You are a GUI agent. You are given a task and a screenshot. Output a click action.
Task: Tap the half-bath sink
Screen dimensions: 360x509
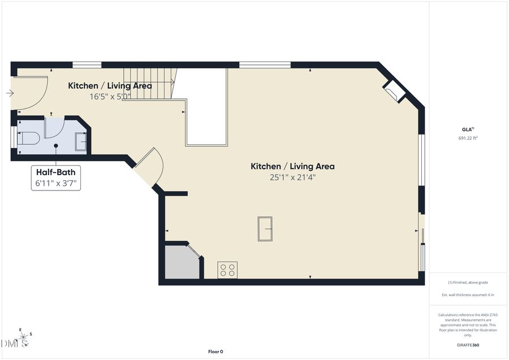(80, 141)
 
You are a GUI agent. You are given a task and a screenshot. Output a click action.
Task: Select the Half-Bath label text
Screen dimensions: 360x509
(55, 172)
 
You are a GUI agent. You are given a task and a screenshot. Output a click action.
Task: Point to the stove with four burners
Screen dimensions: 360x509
(227, 270)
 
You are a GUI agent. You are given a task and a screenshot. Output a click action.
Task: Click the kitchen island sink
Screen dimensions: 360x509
(265, 229)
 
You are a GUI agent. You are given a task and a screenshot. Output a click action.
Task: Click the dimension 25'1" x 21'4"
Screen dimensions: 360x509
(292, 177)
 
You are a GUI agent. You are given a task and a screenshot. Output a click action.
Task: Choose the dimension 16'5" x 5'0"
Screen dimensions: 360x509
(110, 97)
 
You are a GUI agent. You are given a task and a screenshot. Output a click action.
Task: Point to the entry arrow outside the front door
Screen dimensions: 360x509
(10, 93)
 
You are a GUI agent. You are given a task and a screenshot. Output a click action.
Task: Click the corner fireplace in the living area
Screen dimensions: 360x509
(394, 90)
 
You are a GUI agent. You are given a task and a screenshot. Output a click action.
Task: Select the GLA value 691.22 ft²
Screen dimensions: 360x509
(468, 138)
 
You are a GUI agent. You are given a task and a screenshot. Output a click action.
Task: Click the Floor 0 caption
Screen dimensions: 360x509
(215, 352)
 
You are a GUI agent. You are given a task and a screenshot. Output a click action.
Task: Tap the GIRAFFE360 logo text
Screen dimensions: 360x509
(468, 345)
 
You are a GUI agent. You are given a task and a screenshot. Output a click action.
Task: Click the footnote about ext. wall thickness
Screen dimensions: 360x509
(468, 295)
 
